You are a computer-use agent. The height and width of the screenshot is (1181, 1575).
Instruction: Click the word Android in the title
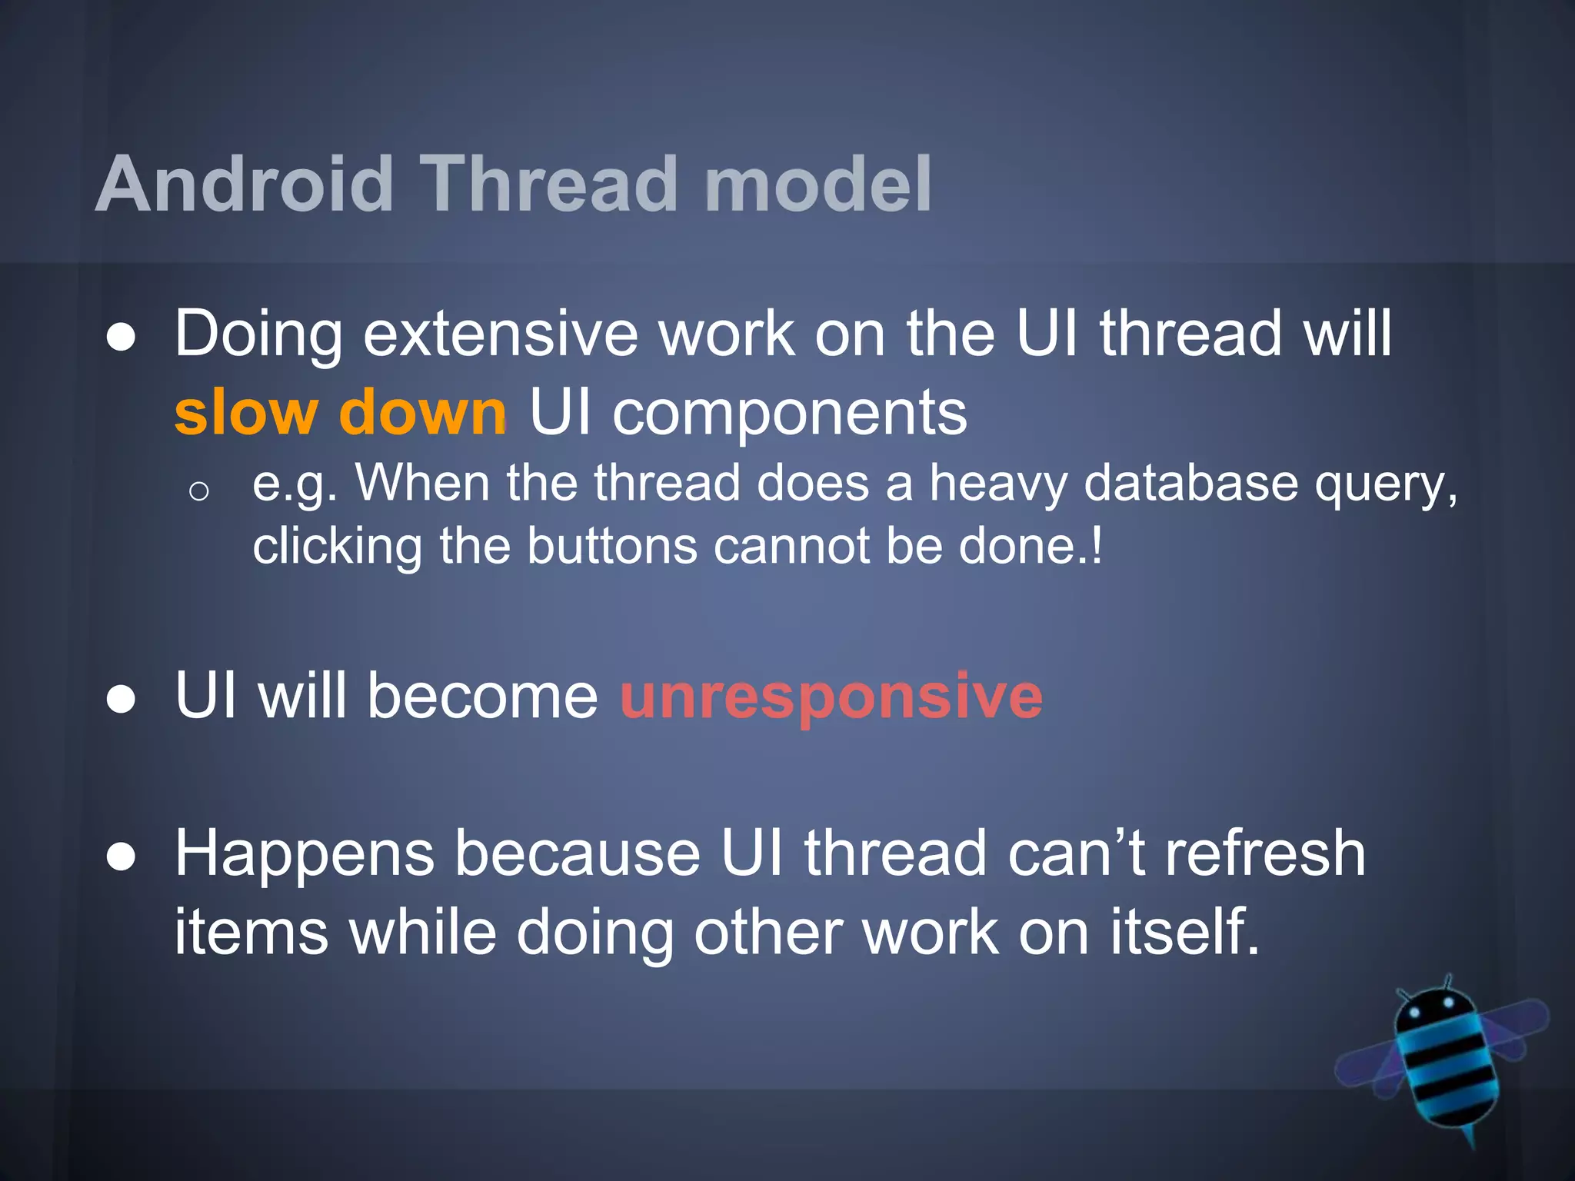pos(245,185)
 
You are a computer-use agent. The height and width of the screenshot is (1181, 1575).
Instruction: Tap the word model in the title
pos(817,185)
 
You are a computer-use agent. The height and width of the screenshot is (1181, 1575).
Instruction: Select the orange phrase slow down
pos(340,413)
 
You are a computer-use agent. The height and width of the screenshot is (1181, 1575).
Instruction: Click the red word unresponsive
pos(831,697)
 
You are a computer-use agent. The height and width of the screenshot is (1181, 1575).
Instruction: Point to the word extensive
pos(500,334)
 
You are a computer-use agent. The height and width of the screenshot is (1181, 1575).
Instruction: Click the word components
pos(789,413)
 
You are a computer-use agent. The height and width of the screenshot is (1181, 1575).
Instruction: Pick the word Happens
pos(305,855)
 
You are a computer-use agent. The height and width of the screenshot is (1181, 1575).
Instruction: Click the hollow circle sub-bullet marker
pos(198,491)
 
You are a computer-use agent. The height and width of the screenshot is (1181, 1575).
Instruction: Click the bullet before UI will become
pos(122,700)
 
